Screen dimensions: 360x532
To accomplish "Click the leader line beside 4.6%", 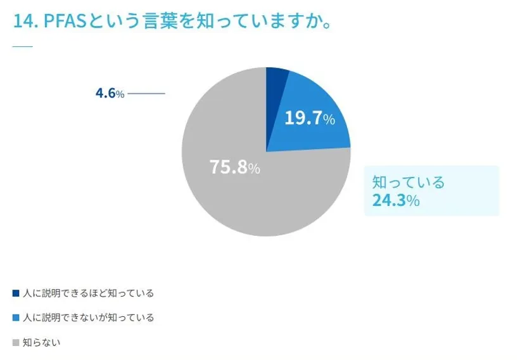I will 146,94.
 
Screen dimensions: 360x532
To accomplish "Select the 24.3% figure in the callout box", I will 395,201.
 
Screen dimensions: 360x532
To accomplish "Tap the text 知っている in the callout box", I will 408,183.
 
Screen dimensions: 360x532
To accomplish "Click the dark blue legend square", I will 16,293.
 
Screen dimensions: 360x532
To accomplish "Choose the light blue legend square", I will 16,318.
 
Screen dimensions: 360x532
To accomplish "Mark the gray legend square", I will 16,342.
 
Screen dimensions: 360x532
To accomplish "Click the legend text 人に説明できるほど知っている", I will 88,293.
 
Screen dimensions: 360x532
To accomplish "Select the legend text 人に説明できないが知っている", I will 88,318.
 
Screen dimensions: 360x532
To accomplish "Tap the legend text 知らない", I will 41,342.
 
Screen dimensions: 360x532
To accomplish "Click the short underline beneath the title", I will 22,47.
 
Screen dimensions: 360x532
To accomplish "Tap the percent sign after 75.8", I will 254,169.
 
